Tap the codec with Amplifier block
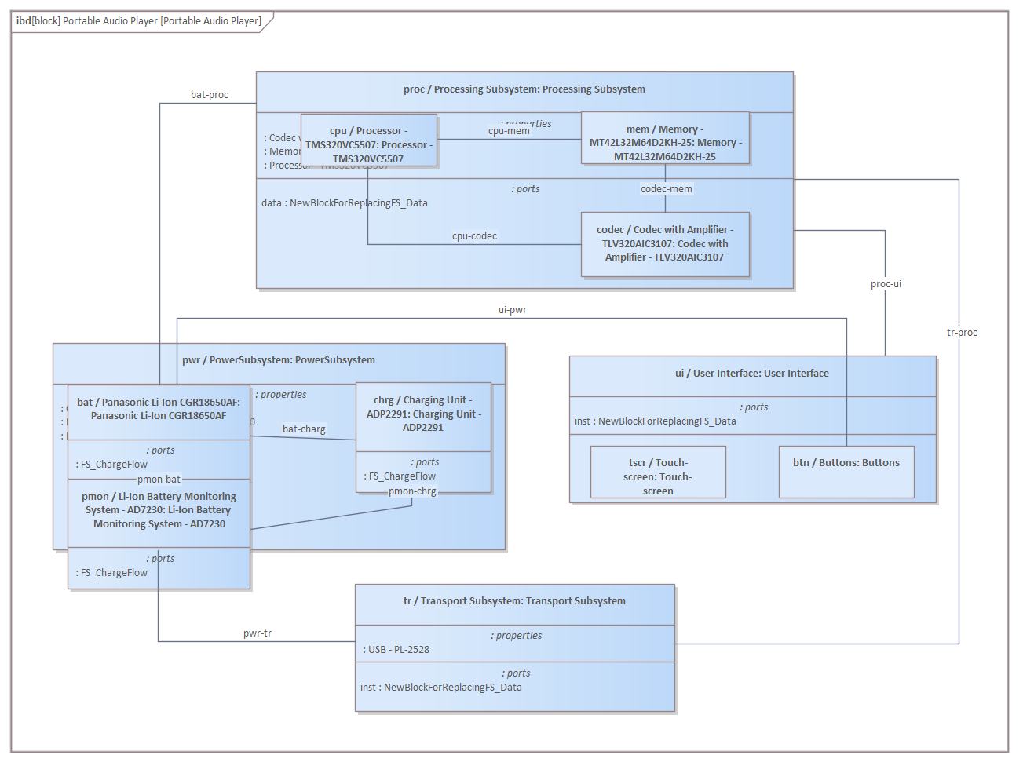coord(665,244)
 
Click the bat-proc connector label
coord(210,95)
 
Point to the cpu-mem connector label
coord(509,131)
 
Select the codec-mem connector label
coord(666,189)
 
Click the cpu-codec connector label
coord(474,236)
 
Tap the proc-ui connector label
coord(886,284)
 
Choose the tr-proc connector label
coord(962,333)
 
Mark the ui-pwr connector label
coord(512,310)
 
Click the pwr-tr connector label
coord(258,633)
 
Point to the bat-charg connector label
coord(304,429)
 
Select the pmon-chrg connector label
coord(412,491)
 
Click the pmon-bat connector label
coord(159,480)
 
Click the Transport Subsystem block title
coord(514,601)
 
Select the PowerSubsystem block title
coord(279,360)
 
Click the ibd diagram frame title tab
coord(139,21)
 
